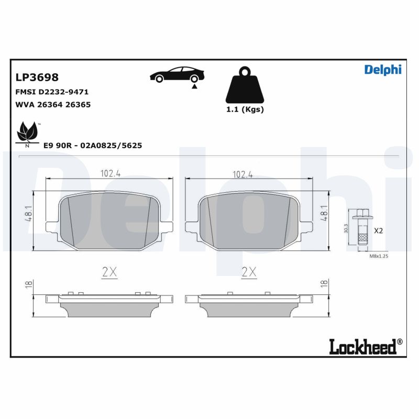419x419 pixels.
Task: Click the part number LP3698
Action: click(x=37, y=78)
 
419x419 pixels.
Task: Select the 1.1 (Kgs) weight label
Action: click(x=245, y=109)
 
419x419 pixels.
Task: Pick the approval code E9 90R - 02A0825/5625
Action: click(x=93, y=146)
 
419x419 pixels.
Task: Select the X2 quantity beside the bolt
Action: click(x=379, y=230)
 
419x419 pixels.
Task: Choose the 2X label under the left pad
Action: click(x=108, y=271)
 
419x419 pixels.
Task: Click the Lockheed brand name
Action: click(x=365, y=346)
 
